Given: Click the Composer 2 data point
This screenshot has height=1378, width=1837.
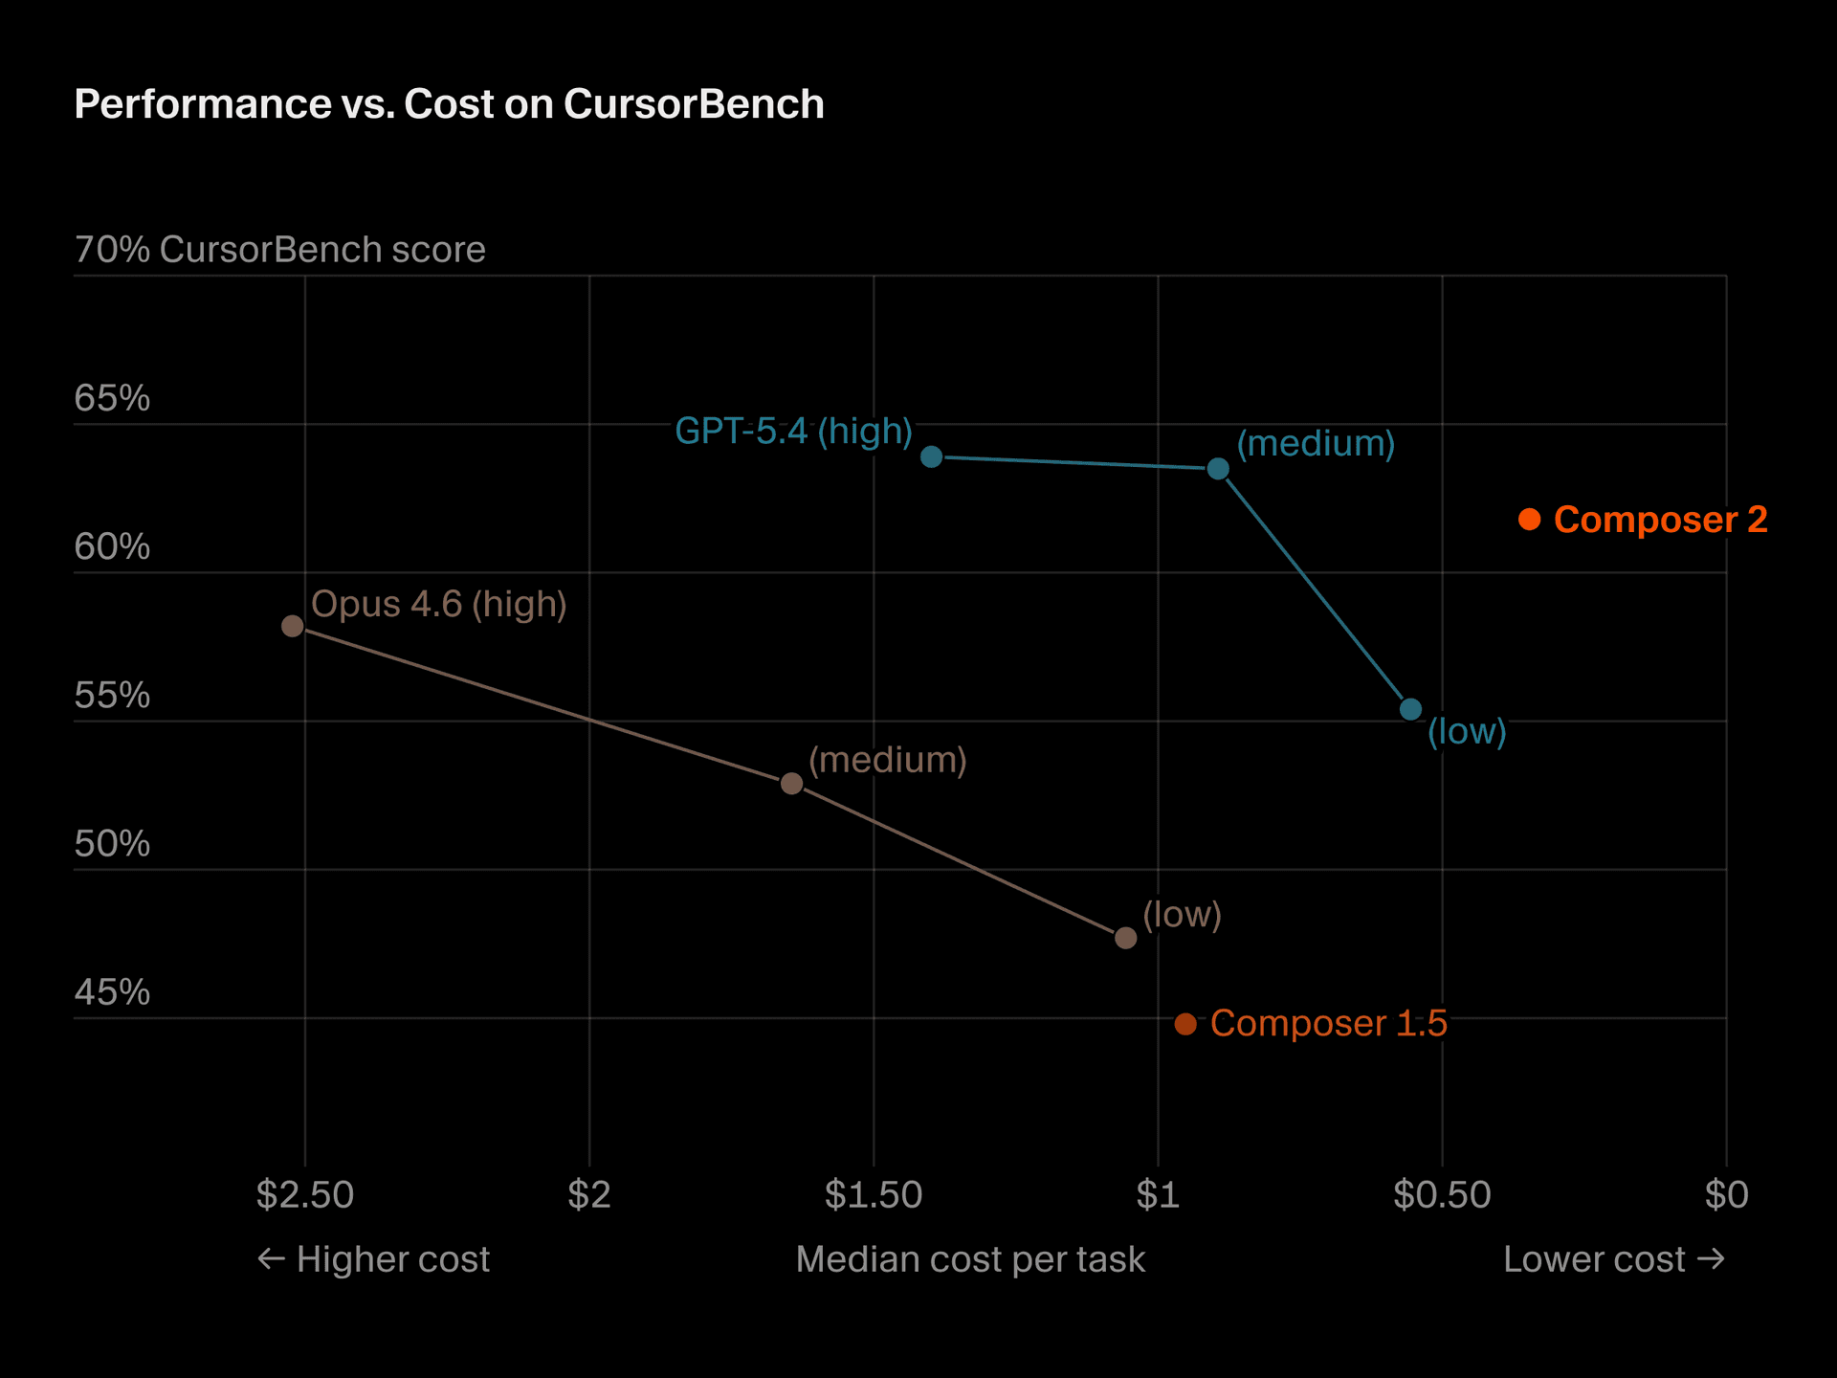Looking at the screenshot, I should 1529,520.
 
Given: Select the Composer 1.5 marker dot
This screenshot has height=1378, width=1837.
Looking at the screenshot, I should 1185,1024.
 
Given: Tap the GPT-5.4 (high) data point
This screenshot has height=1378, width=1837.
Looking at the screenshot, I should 931,456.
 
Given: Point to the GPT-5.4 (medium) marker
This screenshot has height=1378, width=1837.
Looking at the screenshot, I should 1218,469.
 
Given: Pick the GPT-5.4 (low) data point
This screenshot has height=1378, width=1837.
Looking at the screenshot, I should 1410,709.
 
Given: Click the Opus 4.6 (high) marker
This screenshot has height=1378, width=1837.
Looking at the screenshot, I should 293,626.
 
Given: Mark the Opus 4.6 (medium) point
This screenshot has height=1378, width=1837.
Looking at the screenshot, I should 791,784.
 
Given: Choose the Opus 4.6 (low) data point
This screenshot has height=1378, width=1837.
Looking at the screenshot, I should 1126,938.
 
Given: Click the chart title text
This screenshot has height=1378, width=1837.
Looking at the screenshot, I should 449,104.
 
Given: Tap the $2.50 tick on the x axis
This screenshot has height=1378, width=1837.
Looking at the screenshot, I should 305,1194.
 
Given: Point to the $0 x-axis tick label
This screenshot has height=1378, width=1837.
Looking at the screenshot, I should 1726,1194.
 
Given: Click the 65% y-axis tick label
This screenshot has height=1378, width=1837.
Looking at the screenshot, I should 112,398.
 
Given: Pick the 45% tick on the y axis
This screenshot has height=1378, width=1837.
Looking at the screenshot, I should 112,992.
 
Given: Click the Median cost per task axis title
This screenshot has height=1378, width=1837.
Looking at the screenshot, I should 970,1259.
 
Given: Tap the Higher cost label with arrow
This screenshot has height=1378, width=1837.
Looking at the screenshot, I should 374,1259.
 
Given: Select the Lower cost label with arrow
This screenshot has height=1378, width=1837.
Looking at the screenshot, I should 1613,1259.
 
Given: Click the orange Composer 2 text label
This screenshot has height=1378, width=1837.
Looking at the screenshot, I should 1660,520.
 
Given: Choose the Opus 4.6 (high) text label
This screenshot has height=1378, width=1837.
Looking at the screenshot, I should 439,604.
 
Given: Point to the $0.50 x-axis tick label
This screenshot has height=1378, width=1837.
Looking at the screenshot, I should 1442,1194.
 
